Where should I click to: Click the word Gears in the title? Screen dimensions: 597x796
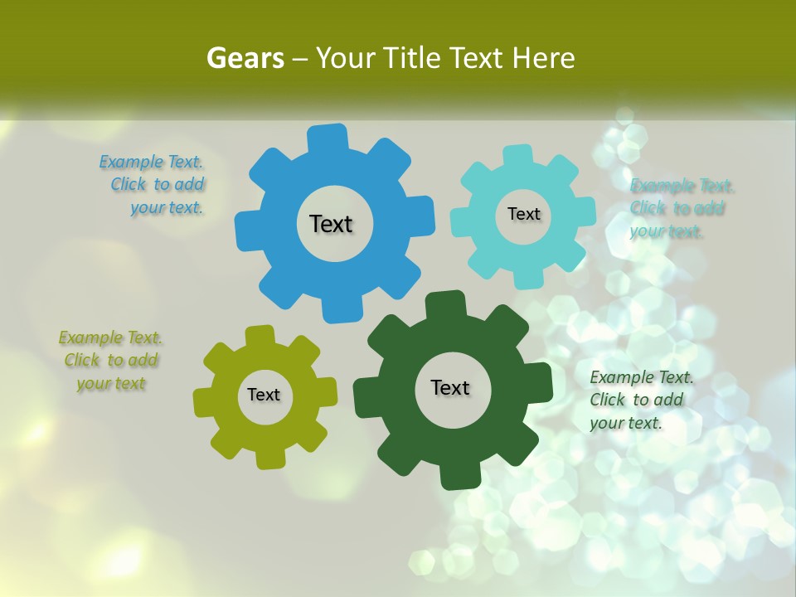[x=245, y=58]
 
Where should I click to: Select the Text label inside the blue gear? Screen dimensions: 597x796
[x=331, y=224]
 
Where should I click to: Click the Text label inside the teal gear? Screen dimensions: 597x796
[x=523, y=214]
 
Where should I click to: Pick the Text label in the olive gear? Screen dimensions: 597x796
[x=264, y=395]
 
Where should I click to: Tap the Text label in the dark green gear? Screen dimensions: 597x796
[x=450, y=387]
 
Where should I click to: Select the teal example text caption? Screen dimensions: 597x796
[x=680, y=208]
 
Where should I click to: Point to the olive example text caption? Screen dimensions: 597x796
[x=110, y=361]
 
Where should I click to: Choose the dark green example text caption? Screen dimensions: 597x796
[x=639, y=400]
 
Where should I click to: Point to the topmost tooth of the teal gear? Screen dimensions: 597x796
[x=517, y=155]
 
